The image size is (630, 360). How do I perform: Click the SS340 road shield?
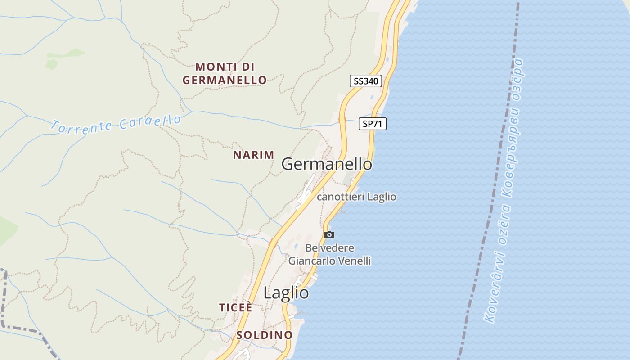click(x=365, y=81)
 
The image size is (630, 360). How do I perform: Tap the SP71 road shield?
click(x=373, y=124)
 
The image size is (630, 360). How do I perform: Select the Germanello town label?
click(x=327, y=164)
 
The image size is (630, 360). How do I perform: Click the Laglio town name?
click(x=286, y=293)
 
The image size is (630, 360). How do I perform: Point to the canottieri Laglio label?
click(x=356, y=197)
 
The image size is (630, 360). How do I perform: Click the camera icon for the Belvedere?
click(x=329, y=234)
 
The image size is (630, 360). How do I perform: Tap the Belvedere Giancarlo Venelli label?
click(x=329, y=254)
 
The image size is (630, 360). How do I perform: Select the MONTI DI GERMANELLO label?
click(x=225, y=73)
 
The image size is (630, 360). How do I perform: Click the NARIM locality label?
click(x=253, y=155)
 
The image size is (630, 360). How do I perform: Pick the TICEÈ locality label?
click(x=235, y=307)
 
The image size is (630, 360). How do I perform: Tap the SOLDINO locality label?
click(x=265, y=335)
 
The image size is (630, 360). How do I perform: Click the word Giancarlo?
click(x=310, y=261)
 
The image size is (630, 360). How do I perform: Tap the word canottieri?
click(x=341, y=197)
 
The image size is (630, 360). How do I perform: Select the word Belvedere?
click(x=329, y=248)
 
